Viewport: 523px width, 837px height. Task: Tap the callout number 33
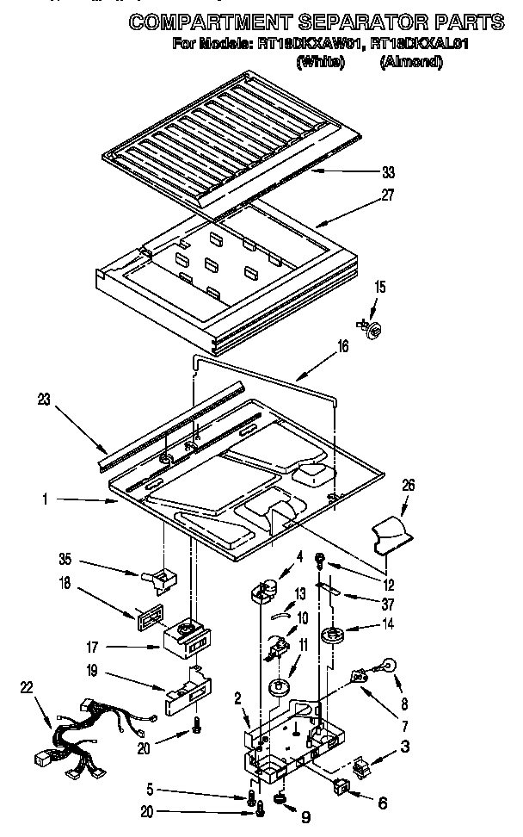coord(388,172)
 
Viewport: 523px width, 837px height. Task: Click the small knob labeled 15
coord(375,325)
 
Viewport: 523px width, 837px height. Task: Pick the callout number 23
coord(46,400)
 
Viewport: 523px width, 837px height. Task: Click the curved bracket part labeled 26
coord(391,533)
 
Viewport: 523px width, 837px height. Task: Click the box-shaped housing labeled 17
coord(184,638)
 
